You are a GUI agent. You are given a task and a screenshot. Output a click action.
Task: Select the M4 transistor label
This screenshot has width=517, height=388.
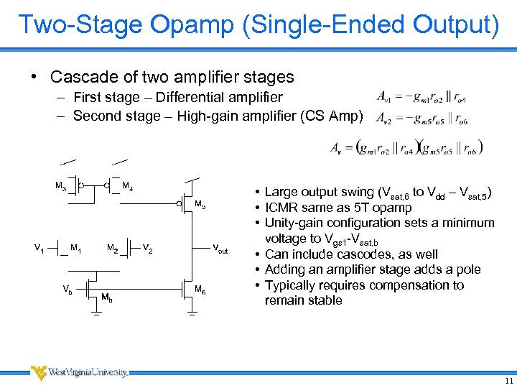click(126, 187)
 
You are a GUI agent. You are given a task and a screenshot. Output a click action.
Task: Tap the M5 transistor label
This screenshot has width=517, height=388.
click(200, 205)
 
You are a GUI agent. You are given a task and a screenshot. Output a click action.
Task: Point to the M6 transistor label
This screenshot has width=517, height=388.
click(200, 290)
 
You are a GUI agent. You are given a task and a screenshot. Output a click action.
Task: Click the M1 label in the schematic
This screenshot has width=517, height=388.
click(76, 249)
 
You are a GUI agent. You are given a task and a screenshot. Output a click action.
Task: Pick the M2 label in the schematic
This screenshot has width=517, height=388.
click(112, 249)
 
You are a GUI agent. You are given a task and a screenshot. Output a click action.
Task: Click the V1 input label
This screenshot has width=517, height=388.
click(39, 248)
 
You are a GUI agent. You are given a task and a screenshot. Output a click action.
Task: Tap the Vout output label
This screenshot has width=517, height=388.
click(220, 249)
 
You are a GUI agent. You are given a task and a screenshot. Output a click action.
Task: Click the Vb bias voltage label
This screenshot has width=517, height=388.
click(66, 289)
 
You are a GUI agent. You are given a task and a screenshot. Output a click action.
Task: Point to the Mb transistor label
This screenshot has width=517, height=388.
click(106, 297)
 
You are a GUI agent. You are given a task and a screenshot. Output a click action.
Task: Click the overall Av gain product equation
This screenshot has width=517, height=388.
click(406, 147)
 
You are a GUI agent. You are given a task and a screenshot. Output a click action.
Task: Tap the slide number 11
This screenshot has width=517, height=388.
click(508, 380)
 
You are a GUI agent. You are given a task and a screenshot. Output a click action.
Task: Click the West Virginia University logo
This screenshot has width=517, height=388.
click(79, 372)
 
